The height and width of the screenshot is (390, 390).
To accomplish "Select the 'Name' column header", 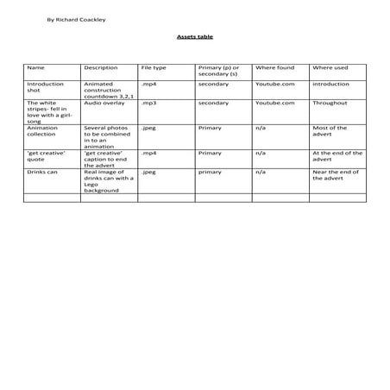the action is coord(35,67).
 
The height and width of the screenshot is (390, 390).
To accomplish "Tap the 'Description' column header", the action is coord(101,67).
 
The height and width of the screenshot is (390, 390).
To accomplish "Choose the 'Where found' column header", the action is coord(274,67).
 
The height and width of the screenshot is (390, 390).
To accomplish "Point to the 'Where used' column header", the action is coord(330,67).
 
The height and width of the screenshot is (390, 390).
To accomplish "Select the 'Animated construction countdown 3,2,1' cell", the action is coord(105,91).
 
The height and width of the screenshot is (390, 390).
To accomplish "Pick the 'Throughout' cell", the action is coord(330,104).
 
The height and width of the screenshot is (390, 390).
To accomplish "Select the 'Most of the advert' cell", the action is coord(330,131).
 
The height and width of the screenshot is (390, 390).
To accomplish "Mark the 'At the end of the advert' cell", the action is coord(332,156).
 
